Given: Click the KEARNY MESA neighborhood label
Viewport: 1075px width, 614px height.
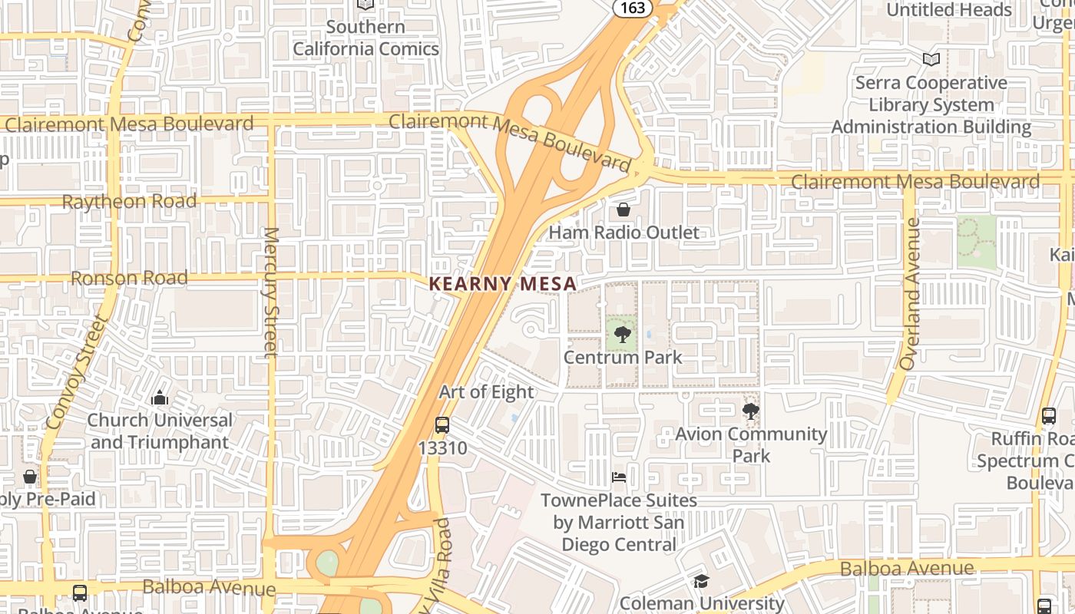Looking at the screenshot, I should (502, 283).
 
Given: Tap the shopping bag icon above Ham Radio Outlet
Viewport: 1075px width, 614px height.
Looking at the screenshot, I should (623, 210).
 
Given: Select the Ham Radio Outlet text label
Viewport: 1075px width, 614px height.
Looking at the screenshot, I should (623, 233).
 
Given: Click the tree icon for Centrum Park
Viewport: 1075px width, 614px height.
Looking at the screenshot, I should (623, 334).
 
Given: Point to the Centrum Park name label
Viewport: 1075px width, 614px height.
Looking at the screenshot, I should (623, 357).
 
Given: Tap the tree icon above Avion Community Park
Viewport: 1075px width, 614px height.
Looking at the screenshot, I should (750, 411).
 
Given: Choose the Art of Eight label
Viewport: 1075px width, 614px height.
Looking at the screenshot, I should (486, 392).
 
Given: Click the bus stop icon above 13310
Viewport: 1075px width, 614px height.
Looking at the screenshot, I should (442, 425).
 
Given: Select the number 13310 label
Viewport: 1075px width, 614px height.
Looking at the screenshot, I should (442, 447).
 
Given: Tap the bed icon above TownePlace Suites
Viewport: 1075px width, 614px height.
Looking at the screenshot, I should (619, 477).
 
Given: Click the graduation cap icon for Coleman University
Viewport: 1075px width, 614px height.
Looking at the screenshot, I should (700, 582).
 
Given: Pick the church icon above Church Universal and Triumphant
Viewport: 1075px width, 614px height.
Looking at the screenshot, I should (160, 398).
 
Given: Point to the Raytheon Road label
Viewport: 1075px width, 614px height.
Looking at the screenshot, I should (129, 202).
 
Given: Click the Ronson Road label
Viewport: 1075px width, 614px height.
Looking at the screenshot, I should (129, 278).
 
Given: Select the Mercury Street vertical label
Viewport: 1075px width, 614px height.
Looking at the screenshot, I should (271, 292).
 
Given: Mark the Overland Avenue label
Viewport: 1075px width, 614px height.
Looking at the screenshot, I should (911, 294).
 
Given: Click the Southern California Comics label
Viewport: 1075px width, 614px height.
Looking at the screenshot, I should (365, 38).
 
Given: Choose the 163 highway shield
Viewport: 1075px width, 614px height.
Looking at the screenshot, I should (633, 8).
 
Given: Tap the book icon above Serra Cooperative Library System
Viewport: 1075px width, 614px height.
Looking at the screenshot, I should (931, 59).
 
